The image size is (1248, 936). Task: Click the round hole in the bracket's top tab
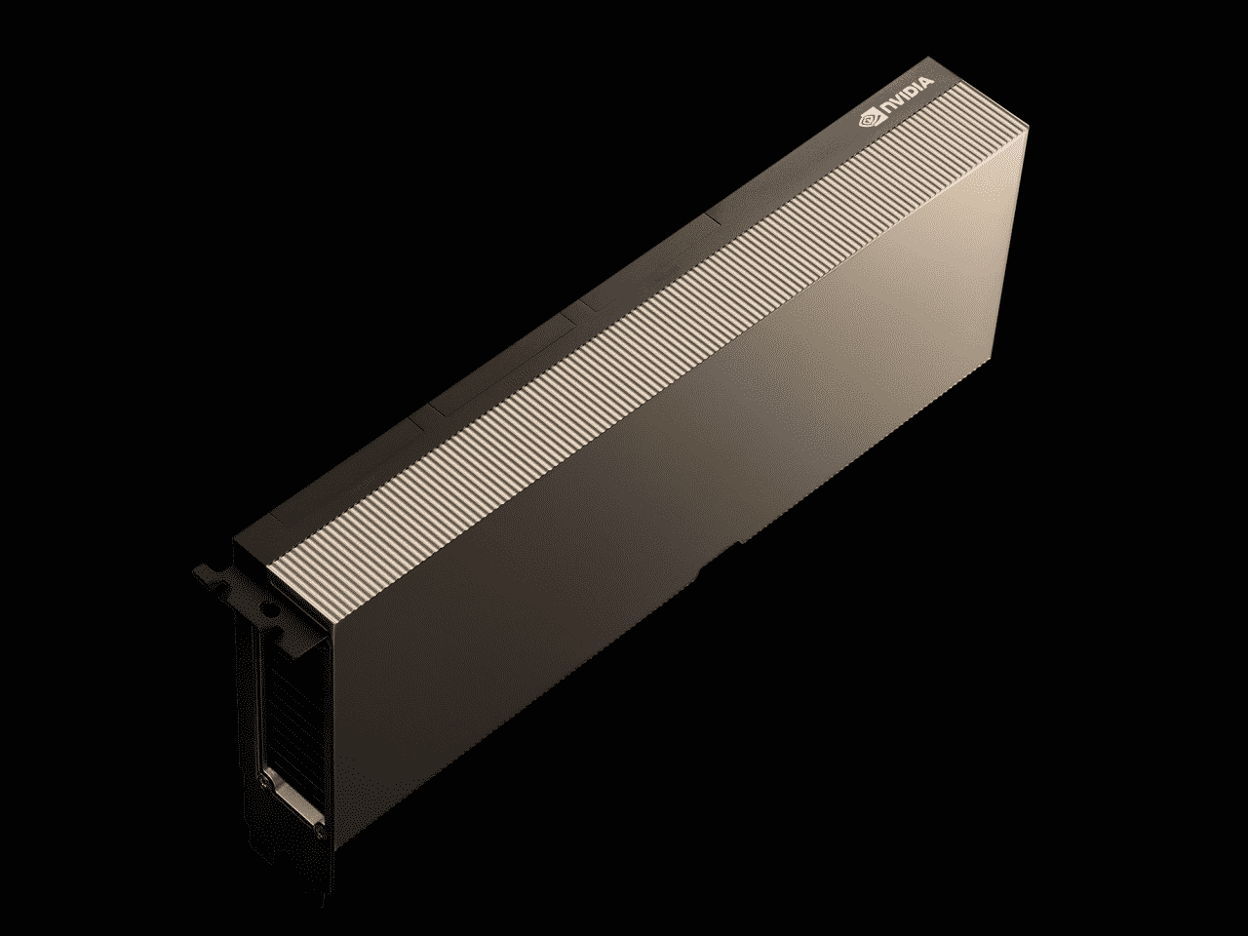pyautogui.click(x=266, y=606)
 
